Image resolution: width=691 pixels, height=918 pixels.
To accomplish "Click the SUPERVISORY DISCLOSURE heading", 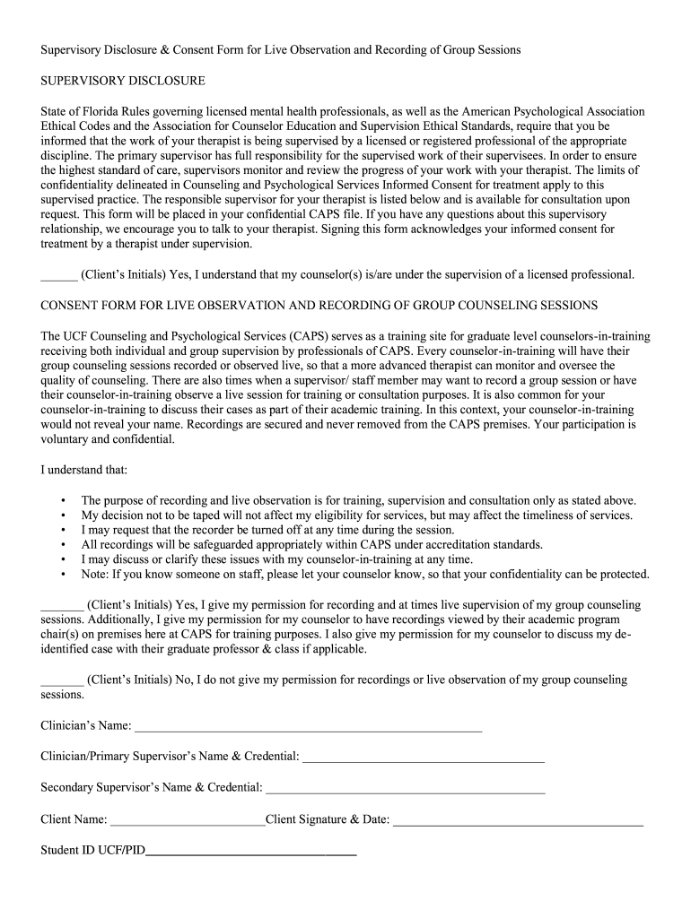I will pos(123,82).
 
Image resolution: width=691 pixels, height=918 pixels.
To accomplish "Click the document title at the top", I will pos(281,50).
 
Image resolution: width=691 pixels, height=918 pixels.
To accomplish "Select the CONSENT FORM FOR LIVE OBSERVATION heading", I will pos(319,306).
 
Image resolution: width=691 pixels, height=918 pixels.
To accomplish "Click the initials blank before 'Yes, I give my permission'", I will pos(62,605).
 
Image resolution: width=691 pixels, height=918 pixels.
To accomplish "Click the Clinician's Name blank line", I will pos(308,726).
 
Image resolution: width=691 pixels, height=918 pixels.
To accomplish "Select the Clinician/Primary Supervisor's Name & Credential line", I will pos(424,758).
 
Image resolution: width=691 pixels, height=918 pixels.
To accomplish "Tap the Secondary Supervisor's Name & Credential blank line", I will pos(406,789).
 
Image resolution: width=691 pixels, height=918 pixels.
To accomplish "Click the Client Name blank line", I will pos(188,820).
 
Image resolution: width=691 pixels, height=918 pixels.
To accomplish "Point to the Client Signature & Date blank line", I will pos(518,820).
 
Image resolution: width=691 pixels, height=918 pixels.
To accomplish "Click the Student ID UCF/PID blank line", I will pos(251,851).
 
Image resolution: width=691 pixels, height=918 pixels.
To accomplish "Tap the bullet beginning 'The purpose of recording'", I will pos(358,500).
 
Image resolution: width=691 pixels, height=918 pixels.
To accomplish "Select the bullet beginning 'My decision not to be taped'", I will pos(356,515).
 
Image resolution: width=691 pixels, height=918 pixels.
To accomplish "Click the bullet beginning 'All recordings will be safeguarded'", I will pos(311,545).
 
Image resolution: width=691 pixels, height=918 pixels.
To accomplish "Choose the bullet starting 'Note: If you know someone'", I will pos(365,575).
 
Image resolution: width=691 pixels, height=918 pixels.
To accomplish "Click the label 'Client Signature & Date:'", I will pos(328,819).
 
